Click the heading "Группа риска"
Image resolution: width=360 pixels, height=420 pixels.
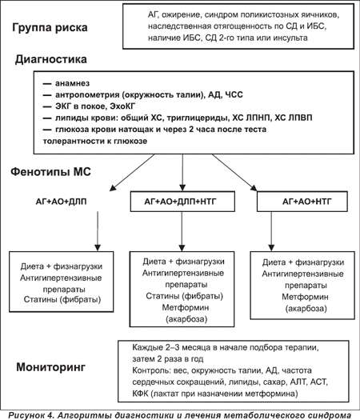coord(50,27)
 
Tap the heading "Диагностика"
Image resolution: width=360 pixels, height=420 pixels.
coord(51,59)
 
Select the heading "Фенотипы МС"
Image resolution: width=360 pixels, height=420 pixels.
coord(50,172)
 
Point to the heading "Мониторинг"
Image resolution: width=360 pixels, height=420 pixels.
coord(51,367)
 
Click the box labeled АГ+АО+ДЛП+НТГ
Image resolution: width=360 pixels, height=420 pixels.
coord(182,202)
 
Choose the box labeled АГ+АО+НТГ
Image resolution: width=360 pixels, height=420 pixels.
coord(302,202)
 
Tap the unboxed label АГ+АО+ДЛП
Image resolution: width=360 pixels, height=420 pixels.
coord(61,202)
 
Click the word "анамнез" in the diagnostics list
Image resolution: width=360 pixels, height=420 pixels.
coord(72,83)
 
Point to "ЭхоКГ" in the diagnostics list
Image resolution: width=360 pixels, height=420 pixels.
coord(122,106)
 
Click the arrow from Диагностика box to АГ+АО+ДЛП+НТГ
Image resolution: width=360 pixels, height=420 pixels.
coord(182,173)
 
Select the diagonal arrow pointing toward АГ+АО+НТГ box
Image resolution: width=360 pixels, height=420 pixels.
coord(234,173)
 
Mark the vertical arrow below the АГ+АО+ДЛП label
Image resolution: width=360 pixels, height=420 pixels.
coord(98,231)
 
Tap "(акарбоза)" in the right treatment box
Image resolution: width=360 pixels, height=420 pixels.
coord(306,309)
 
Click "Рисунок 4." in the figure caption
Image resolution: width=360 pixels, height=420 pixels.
coord(32,415)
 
